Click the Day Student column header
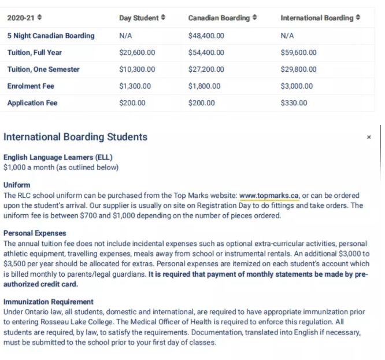(x=142, y=18)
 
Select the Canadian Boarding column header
(x=223, y=18)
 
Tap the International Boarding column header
(x=320, y=18)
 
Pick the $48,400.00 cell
(x=206, y=36)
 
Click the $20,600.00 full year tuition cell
(x=137, y=53)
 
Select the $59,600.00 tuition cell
(x=298, y=53)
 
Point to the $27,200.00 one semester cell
(x=206, y=69)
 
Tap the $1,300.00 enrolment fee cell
(x=135, y=86)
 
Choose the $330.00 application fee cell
(x=294, y=103)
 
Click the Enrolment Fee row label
(x=31, y=86)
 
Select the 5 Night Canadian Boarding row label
(x=50, y=36)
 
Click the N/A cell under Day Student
(x=126, y=36)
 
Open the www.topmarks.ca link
(x=269, y=196)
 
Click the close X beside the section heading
(x=369, y=138)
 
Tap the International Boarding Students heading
(x=75, y=137)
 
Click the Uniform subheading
(x=17, y=185)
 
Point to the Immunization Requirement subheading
(x=48, y=302)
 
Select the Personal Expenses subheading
(x=35, y=233)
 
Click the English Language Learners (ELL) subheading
(x=58, y=157)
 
